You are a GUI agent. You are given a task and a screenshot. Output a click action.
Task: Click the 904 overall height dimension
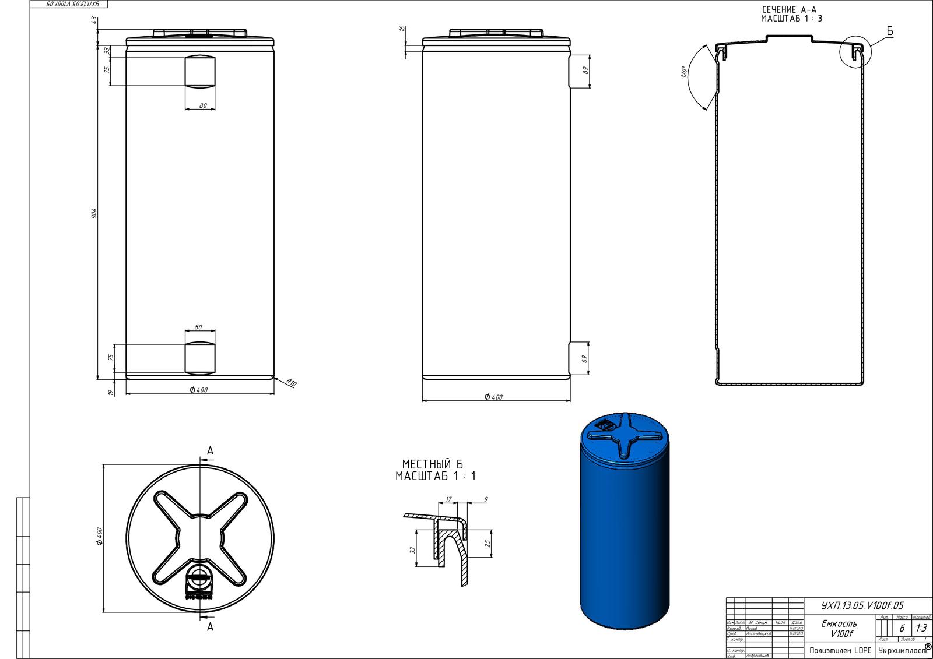point(94,213)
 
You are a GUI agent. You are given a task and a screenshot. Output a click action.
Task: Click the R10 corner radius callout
point(292,383)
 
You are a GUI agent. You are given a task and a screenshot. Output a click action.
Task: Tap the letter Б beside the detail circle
point(890,31)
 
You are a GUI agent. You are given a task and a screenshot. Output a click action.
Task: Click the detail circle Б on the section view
point(855,52)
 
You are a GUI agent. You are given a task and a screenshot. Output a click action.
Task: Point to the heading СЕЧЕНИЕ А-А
point(791,10)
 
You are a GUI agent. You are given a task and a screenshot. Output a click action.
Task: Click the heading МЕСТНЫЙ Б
point(432,464)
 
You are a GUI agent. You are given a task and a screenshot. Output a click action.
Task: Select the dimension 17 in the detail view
point(448,499)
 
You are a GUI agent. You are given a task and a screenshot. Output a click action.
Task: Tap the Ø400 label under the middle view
point(493,397)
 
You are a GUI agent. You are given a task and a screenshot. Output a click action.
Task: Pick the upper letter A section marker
point(211,450)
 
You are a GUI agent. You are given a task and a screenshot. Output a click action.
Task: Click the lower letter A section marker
point(211,627)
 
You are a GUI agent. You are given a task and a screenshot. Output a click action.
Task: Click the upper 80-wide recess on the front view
point(199,71)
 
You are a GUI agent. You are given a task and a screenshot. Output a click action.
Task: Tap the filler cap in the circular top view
point(199,580)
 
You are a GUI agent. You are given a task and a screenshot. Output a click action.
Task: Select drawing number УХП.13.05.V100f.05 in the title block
point(854,606)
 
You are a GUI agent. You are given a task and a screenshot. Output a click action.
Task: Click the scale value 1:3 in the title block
point(921,628)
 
